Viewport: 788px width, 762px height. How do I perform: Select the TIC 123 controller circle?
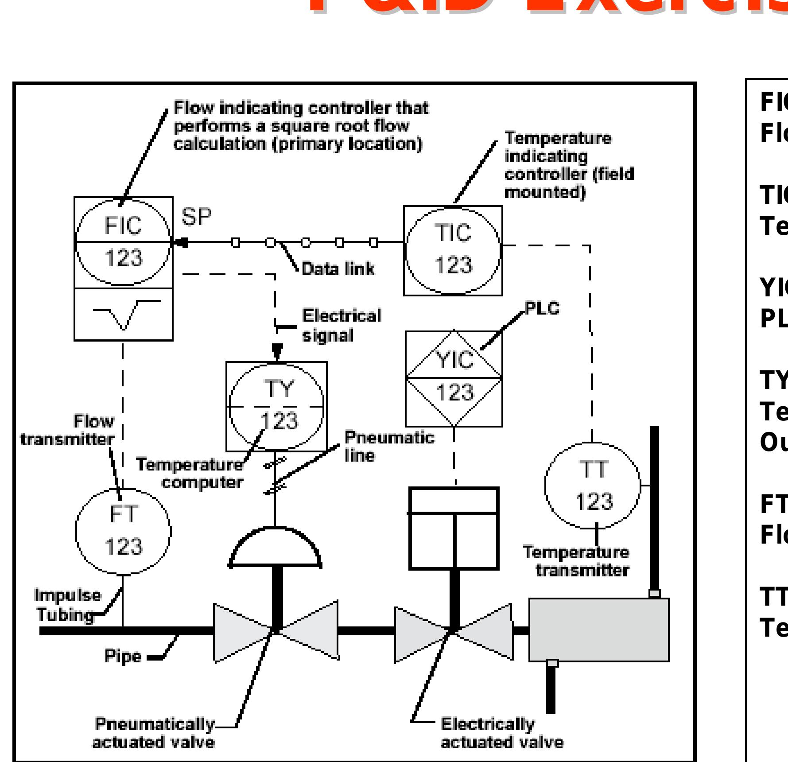453,250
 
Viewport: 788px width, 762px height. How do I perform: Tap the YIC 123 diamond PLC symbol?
454,377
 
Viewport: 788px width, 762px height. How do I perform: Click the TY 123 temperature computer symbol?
276,406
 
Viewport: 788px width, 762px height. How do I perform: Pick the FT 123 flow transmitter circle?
123,530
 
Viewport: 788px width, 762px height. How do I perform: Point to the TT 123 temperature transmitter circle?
593,485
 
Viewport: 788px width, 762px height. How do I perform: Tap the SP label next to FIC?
196,217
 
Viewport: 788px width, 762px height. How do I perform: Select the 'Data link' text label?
338,269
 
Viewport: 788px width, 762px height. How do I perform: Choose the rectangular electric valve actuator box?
454,528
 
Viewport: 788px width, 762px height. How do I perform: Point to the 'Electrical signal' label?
341,326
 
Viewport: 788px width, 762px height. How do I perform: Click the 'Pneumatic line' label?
389,446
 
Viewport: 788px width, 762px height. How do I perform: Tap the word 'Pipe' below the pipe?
123,656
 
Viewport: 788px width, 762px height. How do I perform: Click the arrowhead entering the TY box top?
277,351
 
